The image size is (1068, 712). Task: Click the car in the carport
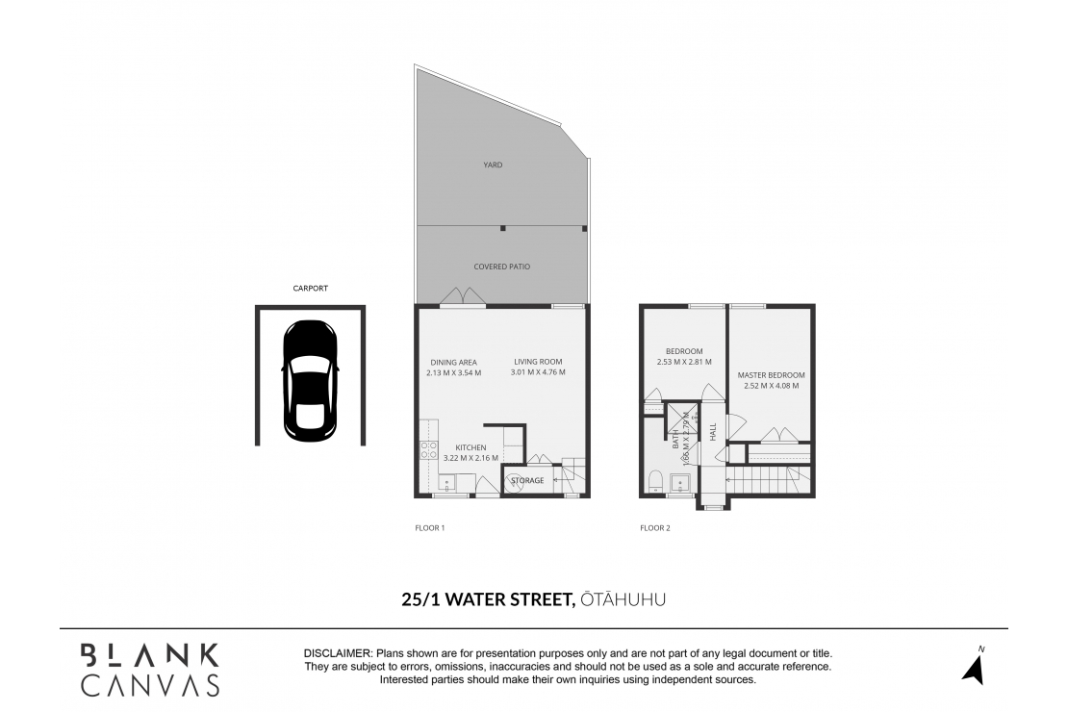pos(310,378)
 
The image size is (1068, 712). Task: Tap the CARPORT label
pos(310,288)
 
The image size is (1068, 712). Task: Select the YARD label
pos(493,165)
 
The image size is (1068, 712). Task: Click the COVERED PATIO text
pos(501,267)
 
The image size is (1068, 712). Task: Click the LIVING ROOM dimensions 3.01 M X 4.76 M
pos(538,372)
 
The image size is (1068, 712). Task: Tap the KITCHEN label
pos(470,447)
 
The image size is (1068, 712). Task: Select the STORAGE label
pos(527,480)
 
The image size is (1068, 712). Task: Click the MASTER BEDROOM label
pos(771,375)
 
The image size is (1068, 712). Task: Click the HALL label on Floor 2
pos(713,432)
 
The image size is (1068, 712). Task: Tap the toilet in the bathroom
pos(653,479)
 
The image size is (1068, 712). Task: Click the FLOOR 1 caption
pos(429,528)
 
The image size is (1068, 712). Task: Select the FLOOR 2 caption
pos(655,528)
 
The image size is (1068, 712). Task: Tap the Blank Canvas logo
pos(149,670)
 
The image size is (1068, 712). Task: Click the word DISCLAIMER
pos(338,653)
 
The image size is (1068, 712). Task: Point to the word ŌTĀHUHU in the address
pos(623,599)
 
